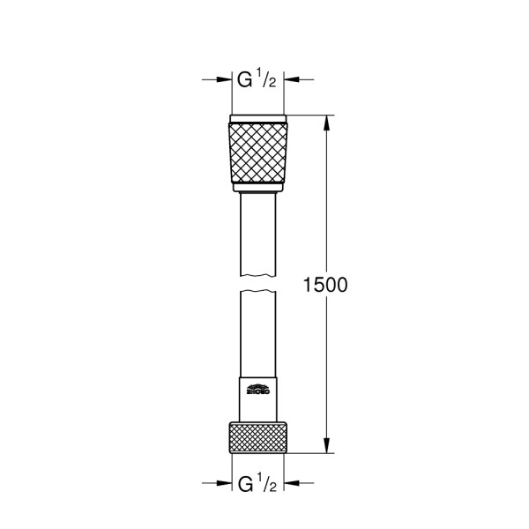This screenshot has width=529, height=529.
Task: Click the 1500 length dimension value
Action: pyautogui.click(x=324, y=285)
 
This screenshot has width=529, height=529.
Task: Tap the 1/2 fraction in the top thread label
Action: pyautogui.click(x=268, y=79)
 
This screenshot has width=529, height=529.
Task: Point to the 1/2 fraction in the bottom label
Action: pyautogui.click(x=268, y=483)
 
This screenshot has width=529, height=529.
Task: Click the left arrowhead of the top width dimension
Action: pyautogui.click(x=223, y=80)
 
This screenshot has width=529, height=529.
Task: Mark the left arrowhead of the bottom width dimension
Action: pyautogui.click(x=223, y=483)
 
